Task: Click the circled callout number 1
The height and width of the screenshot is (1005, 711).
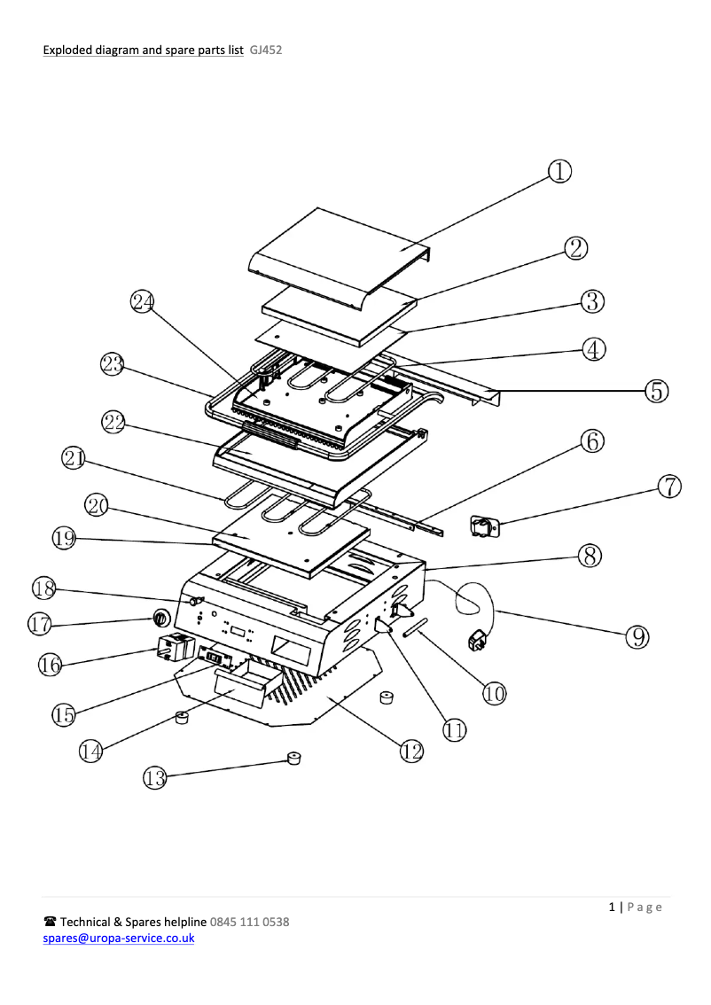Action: tap(559, 171)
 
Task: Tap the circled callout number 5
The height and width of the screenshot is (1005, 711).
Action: tap(656, 390)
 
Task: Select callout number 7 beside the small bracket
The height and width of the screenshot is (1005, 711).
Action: tap(670, 486)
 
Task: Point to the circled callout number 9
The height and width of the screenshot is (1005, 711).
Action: tap(637, 635)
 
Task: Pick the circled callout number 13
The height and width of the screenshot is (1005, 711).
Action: tap(155, 778)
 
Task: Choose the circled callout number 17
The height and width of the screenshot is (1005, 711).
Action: tap(40, 624)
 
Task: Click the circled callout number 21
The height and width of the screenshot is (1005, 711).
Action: tap(74, 458)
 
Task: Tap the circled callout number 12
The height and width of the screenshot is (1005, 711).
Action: tap(410, 752)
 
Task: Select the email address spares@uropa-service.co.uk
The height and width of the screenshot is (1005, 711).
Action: tap(120, 938)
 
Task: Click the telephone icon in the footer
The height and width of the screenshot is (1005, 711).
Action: tap(51, 922)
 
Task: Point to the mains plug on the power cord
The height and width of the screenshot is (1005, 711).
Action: tap(477, 638)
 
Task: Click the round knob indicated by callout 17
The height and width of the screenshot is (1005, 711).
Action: tap(162, 618)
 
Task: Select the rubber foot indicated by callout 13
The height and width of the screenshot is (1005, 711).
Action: tap(293, 758)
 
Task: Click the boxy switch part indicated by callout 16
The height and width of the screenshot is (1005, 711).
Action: tap(176, 650)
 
